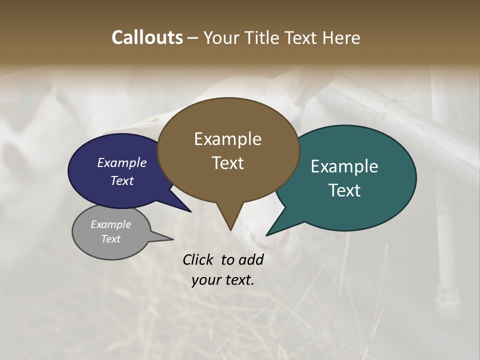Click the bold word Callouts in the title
point(147,37)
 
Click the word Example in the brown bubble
point(227,138)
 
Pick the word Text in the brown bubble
point(227,162)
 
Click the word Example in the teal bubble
point(344,166)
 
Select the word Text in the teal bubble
point(344,190)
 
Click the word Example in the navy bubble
point(121,162)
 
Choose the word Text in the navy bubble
point(121,180)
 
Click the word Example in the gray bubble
point(110,224)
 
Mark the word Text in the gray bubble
point(110,239)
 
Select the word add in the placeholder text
point(251,259)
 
